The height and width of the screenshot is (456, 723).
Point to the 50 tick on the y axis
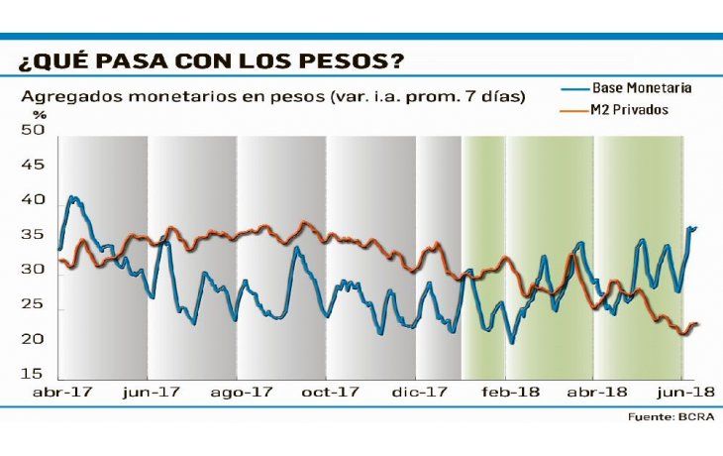click(33, 130)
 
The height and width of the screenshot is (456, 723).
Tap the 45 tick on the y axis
click(33, 165)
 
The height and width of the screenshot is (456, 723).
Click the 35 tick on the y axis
click(33, 235)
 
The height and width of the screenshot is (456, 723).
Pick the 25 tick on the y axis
click(33, 304)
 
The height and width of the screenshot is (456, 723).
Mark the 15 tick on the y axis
click(33, 374)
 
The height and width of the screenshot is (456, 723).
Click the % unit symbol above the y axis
click(27, 115)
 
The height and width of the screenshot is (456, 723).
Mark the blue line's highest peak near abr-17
click(72, 197)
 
